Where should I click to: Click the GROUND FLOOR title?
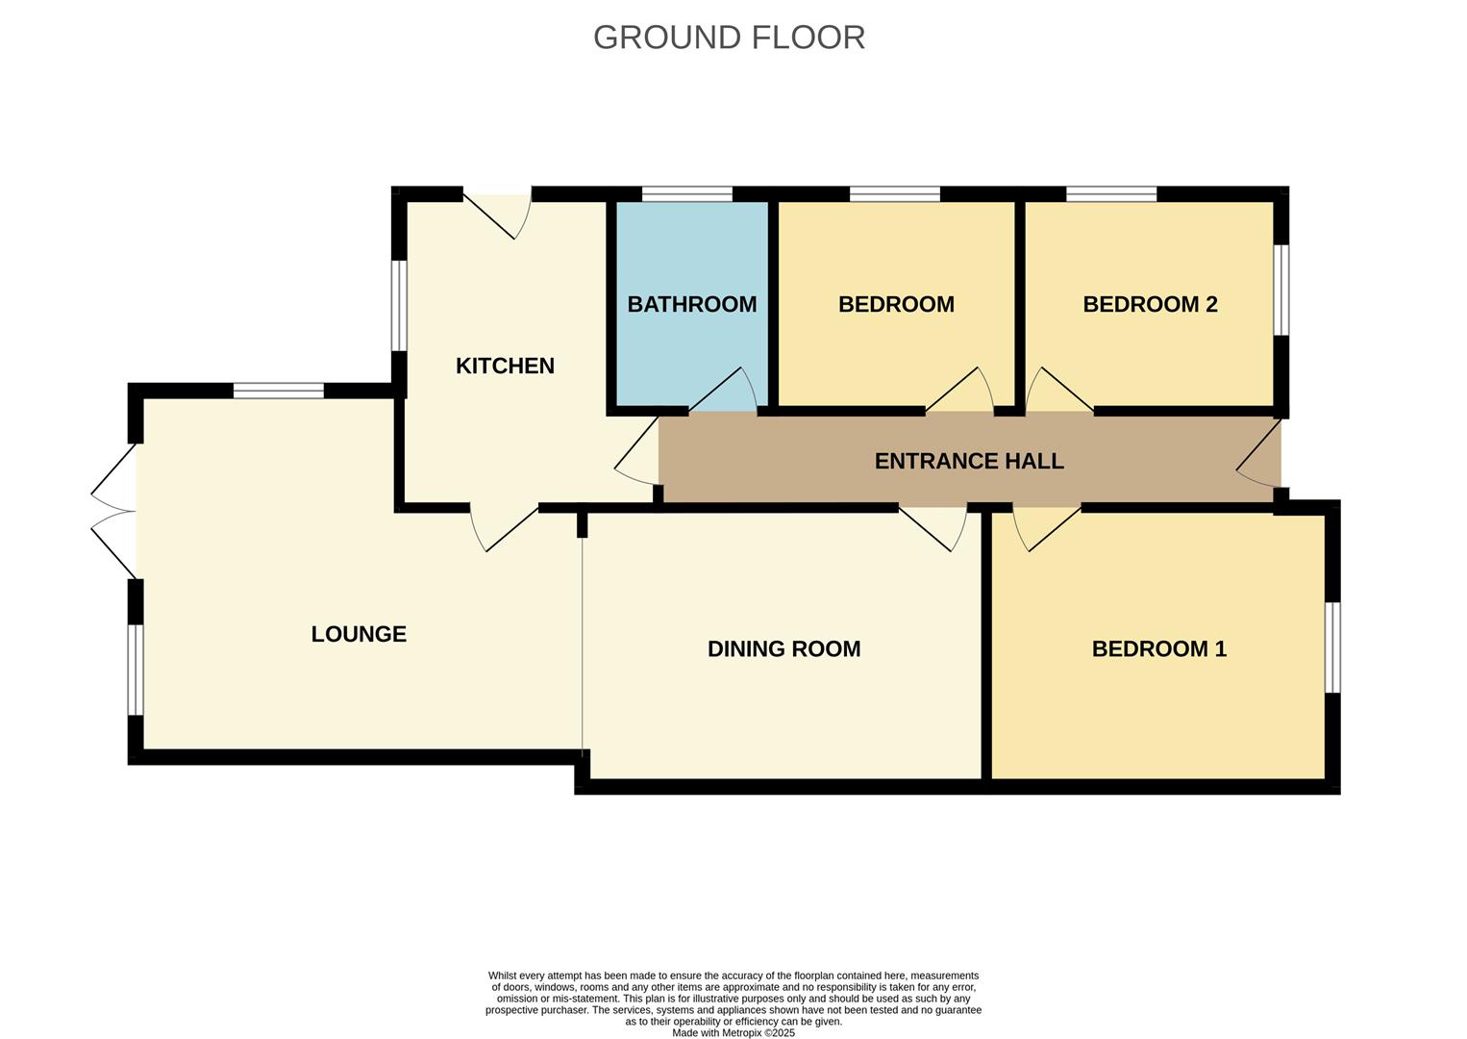pyautogui.click(x=729, y=38)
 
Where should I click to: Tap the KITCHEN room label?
pyautogui.click(x=505, y=366)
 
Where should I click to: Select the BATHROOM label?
pyautogui.click(x=691, y=304)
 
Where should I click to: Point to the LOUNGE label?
pyautogui.click(x=359, y=634)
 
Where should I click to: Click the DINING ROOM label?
pyautogui.click(x=783, y=648)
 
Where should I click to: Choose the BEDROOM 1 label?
pyautogui.click(x=1158, y=648)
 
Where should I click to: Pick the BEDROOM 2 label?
pyautogui.click(x=1150, y=304)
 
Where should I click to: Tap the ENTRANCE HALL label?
pyautogui.click(x=968, y=461)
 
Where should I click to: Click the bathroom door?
pyautogui.click(x=724, y=392)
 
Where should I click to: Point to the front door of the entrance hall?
pyautogui.click(x=1260, y=460)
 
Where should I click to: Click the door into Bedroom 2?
pyautogui.click(x=1057, y=393)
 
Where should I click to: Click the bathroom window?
pyautogui.click(x=686, y=194)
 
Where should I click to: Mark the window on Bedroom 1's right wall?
pyautogui.click(x=1332, y=647)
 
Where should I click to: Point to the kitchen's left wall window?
pyautogui.click(x=399, y=305)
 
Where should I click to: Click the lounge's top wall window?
pyautogui.click(x=279, y=391)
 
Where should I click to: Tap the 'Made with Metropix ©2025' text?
pyautogui.click(x=733, y=1032)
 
